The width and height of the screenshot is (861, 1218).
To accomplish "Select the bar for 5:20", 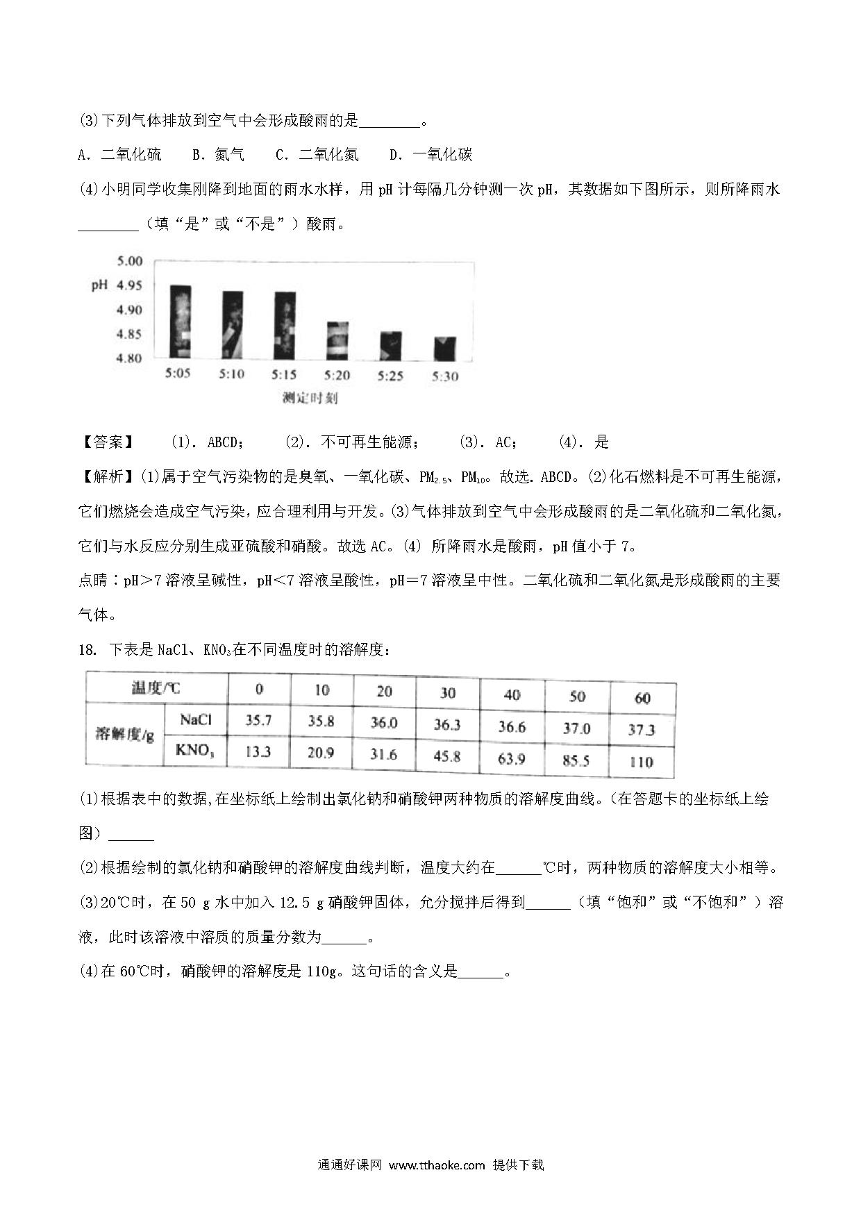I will (337, 341).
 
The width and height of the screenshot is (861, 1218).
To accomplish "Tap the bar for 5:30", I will (444, 349).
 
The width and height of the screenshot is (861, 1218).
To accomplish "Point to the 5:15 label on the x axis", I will (283, 375).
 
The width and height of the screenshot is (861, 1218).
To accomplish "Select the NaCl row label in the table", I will (195, 720).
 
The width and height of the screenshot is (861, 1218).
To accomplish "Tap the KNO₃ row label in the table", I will (195, 750).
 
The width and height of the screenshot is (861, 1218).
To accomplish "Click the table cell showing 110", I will (641, 762).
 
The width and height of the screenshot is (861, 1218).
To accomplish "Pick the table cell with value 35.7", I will (258, 721).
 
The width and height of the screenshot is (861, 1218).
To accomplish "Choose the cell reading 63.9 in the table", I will (512, 758).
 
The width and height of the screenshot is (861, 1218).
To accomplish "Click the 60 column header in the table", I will (642, 698).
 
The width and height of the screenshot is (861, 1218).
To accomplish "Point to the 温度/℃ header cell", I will (156, 688).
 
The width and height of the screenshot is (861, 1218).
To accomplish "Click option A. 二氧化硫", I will (119, 155).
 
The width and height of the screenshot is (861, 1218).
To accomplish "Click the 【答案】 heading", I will (107, 442).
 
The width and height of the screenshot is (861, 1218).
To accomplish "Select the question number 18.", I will (86, 651).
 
